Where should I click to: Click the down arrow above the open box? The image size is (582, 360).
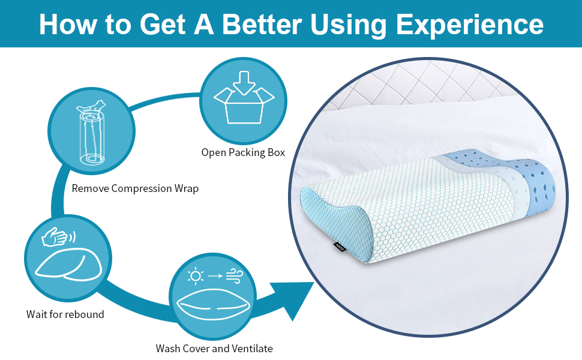coord(243,83)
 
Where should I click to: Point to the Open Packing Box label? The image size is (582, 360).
coord(243,152)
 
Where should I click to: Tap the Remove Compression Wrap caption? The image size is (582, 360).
coord(135,188)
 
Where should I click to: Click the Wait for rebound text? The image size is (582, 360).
coord(65,314)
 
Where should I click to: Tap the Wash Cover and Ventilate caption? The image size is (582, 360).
coord(214,348)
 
